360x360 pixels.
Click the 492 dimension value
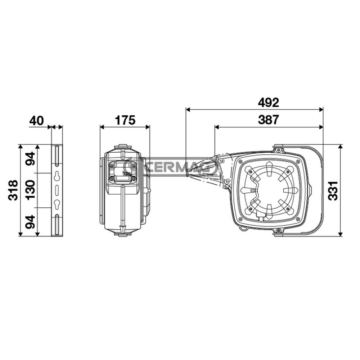[269, 102]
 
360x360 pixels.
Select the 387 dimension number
[269, 120]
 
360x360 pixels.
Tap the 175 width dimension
[125, 120]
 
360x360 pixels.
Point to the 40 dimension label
[36, 121]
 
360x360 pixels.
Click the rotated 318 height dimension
[13, 190]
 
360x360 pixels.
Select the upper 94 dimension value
[30, 159]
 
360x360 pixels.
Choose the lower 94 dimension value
[30, 222]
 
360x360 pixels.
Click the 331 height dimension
[333, 191]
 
